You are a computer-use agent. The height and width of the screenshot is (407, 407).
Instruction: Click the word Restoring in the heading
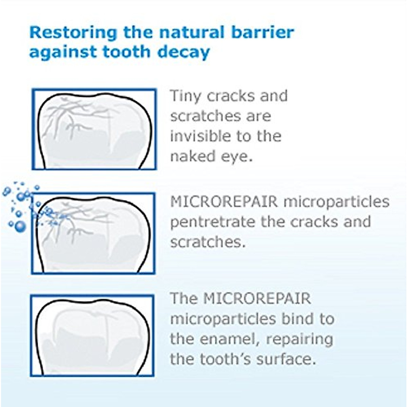[x=73, y=33]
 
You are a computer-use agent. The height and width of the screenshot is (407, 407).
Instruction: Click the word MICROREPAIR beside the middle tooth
[x=224, y=202]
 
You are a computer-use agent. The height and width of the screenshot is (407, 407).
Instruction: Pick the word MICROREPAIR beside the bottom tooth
[x=257, y=299]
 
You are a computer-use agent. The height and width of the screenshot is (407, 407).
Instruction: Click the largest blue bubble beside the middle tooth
[x=20, y=226]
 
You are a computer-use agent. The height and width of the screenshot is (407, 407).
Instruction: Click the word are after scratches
[x=259, y=116]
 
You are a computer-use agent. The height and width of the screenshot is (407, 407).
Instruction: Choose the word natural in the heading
[x=192, y=33]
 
